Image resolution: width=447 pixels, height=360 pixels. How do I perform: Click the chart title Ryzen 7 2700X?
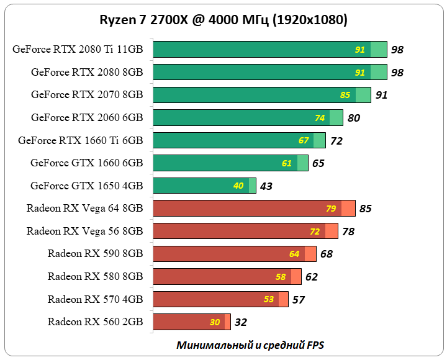coord(223,20)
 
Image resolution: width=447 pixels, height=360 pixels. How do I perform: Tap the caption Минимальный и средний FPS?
coord(250,344)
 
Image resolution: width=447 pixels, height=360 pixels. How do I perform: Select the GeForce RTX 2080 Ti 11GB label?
coord(78,50)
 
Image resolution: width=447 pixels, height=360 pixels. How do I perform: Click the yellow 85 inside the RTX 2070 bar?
coord(345,95)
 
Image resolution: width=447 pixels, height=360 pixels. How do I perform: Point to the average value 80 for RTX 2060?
coord(354,118)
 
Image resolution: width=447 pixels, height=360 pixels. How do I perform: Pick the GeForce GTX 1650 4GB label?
coord(87,186)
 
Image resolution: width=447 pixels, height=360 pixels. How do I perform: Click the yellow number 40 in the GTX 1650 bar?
coord(238,186)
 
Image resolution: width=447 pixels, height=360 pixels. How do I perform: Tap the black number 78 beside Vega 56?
coord(349,232)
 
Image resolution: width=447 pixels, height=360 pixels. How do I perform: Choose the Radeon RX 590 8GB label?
coord(95,253)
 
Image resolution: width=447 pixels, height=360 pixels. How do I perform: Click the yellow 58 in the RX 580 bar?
coord(281,276)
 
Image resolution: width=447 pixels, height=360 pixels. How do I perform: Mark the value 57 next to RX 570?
coord(299,299)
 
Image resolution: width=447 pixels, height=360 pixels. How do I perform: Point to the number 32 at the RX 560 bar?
coord(242,322)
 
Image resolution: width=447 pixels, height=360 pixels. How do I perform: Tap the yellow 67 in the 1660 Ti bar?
coord(304,140)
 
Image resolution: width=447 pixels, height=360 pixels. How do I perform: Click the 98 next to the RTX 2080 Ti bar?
coord(397,50)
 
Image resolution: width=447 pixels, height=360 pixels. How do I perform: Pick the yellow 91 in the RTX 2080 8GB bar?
coord(360,73)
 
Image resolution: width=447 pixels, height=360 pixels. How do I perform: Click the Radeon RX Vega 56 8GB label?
coord(84,231)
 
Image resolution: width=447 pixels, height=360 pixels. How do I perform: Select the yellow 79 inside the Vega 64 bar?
coord(331,209)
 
